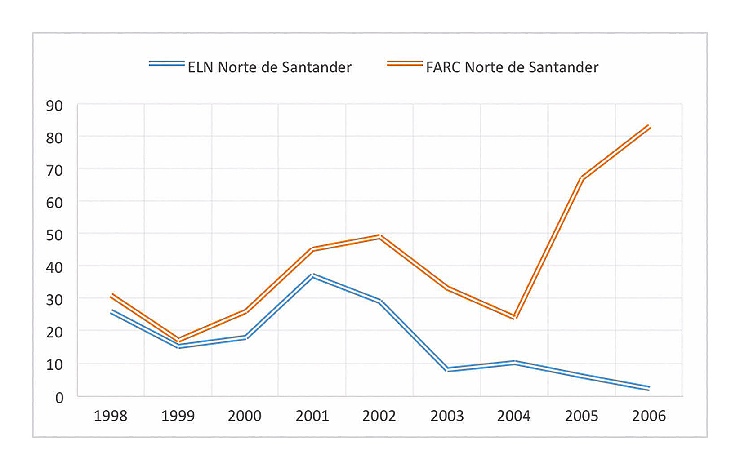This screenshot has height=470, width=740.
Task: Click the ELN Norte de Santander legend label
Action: click(x=269, y=67)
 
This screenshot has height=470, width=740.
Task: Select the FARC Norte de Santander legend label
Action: click(x=512, y=67)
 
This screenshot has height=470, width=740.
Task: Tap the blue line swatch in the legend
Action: click(x=166, y=64)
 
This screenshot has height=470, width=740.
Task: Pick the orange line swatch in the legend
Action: click(x=405, y=64)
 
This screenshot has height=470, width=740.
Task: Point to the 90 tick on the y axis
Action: click(x=54, y=106)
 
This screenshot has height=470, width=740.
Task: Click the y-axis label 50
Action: click(x=54, y=235)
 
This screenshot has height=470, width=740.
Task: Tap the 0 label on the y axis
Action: click(x=59, y=398)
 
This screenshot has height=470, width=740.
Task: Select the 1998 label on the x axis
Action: click(x=111, y=416)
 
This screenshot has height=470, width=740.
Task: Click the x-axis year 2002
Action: click(x=379, y=416)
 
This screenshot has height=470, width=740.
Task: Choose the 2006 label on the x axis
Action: click(x=648, y=416)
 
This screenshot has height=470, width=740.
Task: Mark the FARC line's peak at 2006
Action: click(x=649, y=127)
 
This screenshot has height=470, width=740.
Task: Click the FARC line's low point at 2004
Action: click(x=514, y=317)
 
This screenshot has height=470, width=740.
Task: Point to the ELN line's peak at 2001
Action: click(x=312, y=275)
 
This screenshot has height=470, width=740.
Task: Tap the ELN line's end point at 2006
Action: click(x=649, y=388)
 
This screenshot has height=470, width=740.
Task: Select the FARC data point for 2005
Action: click(x=582, y=178)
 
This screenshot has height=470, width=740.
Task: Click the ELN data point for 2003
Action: click(x=447, y=369)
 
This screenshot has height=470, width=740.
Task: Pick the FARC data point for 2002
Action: click(x=379, y=236)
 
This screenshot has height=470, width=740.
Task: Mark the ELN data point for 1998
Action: click(x=111, y=311)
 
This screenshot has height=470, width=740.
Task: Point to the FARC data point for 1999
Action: click(x=178, y=340)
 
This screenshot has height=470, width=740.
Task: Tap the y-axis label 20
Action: click(x=54, y=333)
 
